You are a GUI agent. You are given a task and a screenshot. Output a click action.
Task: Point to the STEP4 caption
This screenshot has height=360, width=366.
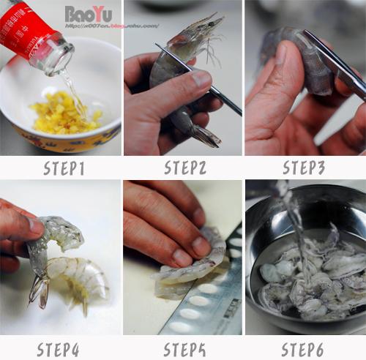64,348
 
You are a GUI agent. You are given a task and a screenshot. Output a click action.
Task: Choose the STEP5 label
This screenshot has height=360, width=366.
185,348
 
